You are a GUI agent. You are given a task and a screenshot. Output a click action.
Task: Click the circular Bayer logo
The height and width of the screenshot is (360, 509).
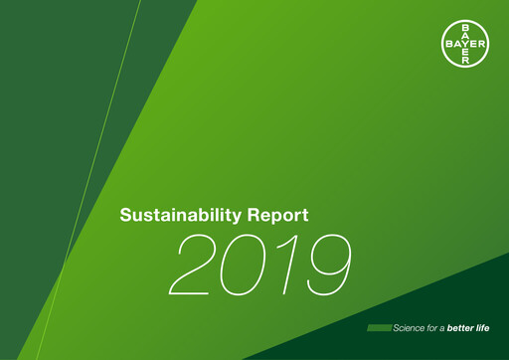(x=465, y=44)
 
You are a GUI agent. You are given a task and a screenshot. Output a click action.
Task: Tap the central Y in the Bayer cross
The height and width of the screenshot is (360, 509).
(x=465, y=44)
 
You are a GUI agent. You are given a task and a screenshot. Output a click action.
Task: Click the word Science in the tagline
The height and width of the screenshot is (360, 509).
(x=412, y=328)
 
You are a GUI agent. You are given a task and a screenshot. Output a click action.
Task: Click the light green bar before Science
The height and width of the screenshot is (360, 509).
(x=379, y=328)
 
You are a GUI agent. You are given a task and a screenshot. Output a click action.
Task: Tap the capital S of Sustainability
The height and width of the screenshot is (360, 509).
(x=124, y=215)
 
